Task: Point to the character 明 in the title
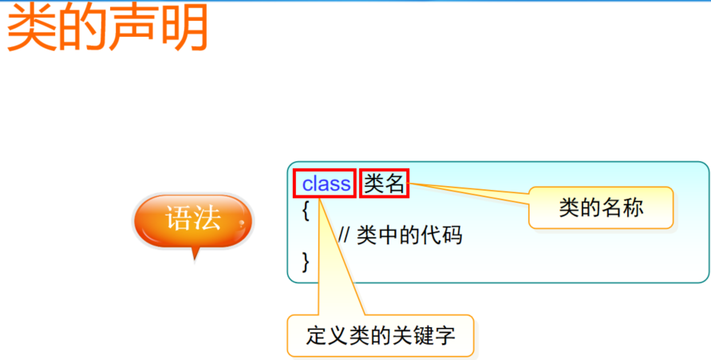pyautogui.click(x=183, y=29)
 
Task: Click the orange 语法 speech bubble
pyautogui.click(x=192, y=220)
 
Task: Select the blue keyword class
pyautogui.click(x=326, y=184)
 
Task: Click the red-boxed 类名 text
pyautogui.click(x=385, y=184)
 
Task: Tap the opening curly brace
pyautogui.click(x=305, y=211)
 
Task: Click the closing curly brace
pyautogui.click(x=305, y=261)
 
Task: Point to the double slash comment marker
pyautogui.click(x=345, y=235)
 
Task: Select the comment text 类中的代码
pyautogui.click(x=409, y=235)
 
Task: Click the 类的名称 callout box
pyautogui.click(x=601, y=208)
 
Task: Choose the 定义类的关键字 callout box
pyautogui.click(x=380, y=336)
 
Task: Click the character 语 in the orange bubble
pyautogui.click(x=178, y=219)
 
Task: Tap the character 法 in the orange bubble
pyautogui.click(x=207, y=219)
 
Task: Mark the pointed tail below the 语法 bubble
pyautogui.click(x=194, y=254)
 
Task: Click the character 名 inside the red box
pyautogui.click(x=395, y=184)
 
